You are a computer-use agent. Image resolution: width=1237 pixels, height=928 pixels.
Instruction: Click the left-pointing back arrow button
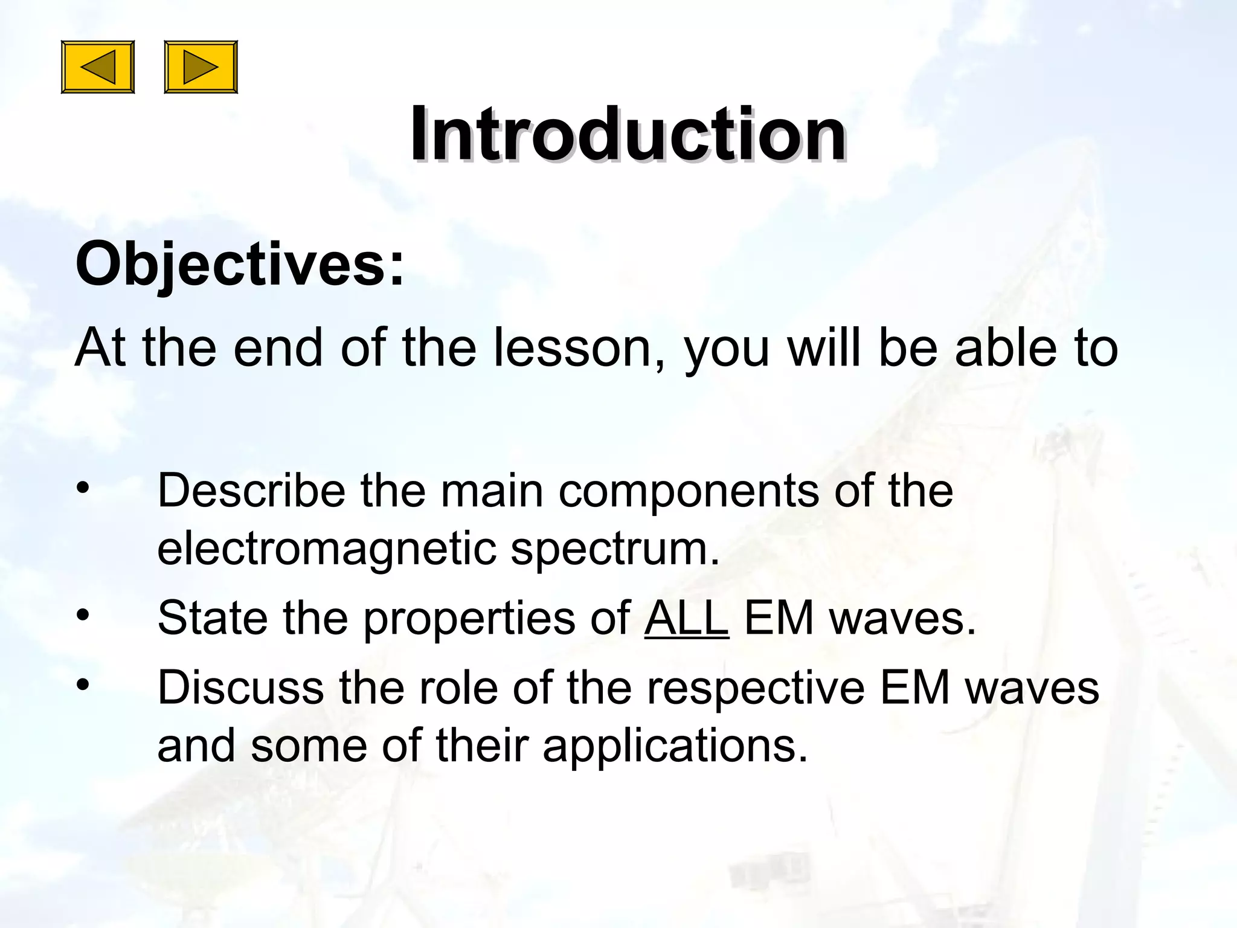pos(98,67)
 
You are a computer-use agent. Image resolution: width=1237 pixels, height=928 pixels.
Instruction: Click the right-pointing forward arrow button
pos(201,67)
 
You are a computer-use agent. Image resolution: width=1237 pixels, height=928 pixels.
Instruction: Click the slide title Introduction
pos(628,134)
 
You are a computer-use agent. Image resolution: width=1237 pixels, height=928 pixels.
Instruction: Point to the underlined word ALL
pos(687,618)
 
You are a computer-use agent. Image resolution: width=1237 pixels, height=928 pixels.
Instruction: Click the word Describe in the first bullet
pos(251,490)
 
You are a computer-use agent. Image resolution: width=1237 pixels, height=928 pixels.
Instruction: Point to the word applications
pos(675,746)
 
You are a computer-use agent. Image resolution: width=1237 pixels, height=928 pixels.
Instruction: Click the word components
pos(689,490)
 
